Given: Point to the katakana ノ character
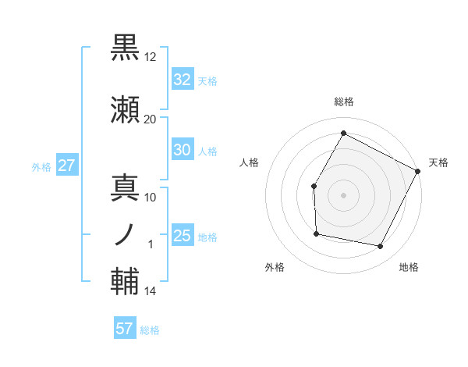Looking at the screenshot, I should [126, 233].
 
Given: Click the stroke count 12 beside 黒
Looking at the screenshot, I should [151, 57].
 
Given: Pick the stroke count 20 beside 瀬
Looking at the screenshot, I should [151, 119].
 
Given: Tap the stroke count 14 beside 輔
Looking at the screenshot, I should [151, 291].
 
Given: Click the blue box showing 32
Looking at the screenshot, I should [182, 79].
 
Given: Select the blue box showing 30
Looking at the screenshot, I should [182, 150].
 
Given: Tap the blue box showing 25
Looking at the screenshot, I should [182, 236].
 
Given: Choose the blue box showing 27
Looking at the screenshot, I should [66, 166].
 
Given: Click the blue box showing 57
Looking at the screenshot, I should [125, 329].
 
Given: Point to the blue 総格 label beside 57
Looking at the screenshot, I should [150, 330].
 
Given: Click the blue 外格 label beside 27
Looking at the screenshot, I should [41, 166].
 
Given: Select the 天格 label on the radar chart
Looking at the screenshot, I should [438, 162].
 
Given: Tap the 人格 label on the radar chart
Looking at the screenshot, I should [250, 162].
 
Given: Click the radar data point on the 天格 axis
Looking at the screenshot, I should [417, 171].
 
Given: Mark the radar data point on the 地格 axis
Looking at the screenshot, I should [380, 247].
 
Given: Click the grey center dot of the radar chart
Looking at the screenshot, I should [343, 194].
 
